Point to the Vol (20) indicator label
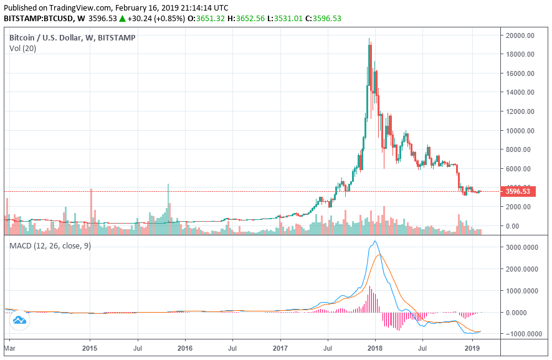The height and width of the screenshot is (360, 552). (23, 48)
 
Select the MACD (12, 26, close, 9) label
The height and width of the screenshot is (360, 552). (50, 245)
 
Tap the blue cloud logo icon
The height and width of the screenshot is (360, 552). (19, 321)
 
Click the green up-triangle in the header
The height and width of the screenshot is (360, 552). (123, 19)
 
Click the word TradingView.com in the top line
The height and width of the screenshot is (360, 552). (79, 7)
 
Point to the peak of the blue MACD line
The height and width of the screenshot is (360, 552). (374, 241)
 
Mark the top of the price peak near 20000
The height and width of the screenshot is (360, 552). (369, 39)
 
